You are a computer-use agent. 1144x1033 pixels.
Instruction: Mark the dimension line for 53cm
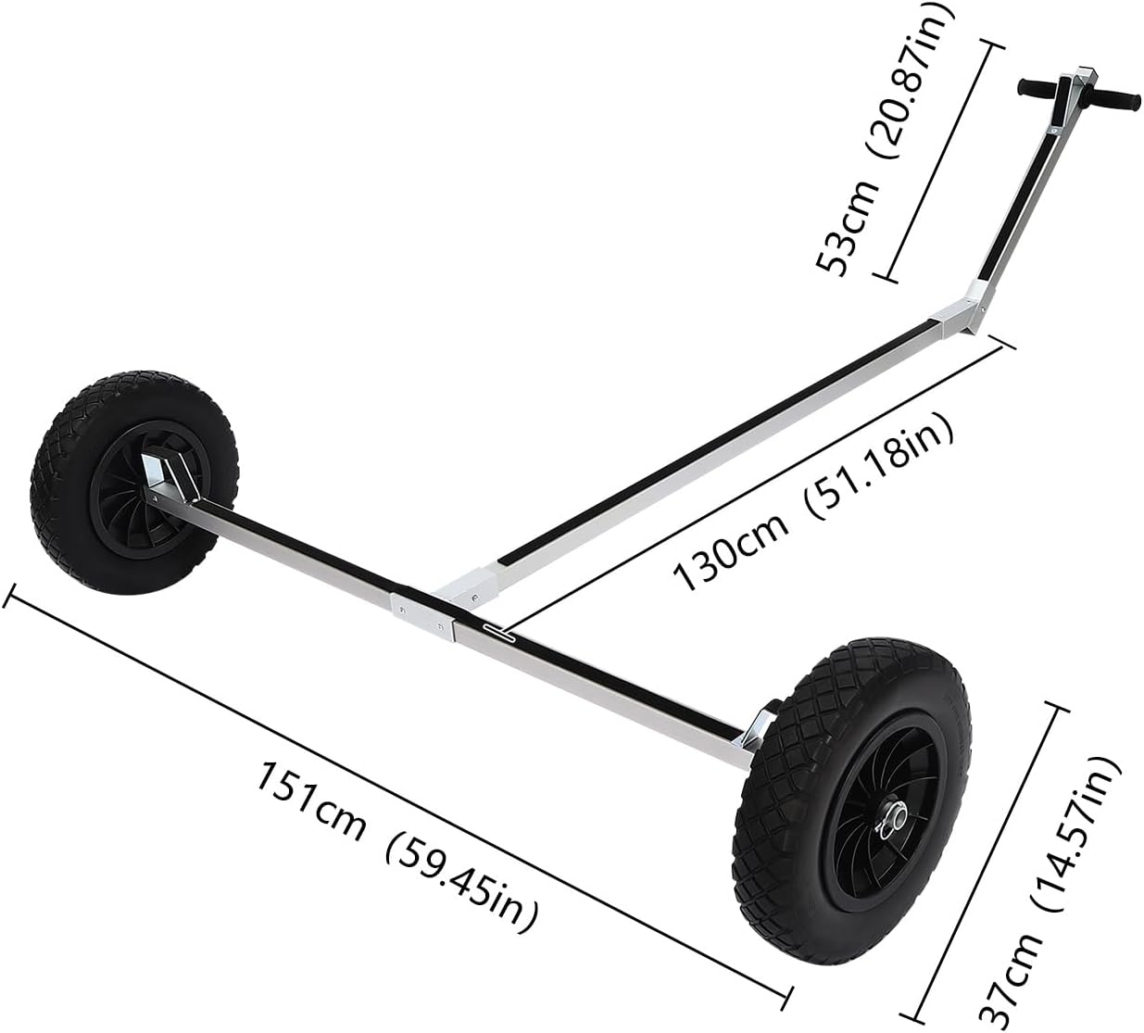click(x=940, y=157)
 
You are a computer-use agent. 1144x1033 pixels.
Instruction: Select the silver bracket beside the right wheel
click(x=755, y=732)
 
